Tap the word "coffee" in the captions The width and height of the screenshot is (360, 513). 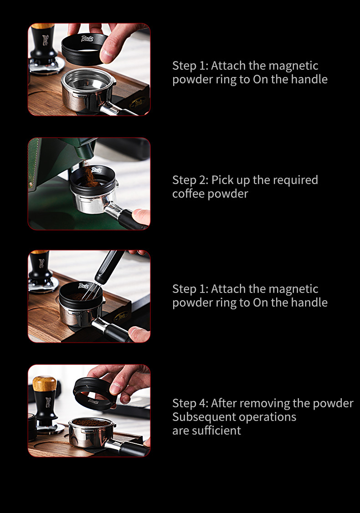(x=189, y=194)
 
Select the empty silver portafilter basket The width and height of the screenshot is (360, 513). (x=87, y=88)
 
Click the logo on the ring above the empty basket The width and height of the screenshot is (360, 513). (x=87, y=39)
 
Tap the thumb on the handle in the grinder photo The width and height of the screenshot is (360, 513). (x=141, y=216)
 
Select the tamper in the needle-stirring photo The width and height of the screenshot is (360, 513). (x=42, y=272)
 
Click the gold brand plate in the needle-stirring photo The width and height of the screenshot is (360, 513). (x=121, y=316)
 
